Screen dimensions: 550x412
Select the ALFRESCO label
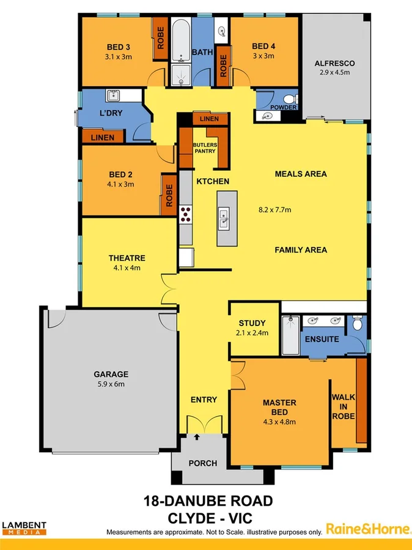click(x=334, y=63)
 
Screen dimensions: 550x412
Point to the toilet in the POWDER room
click(x=291, y=98)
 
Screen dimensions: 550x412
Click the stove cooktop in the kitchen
click(x=186, y=214)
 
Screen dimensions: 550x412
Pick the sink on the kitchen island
click(x=224, y=218)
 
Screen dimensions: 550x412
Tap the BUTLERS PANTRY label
click(x=204, y=148)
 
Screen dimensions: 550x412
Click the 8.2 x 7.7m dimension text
click(x=274, y=210)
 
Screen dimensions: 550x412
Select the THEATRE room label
click(x=127, y=258)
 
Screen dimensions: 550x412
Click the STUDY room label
click(x=252, y=323)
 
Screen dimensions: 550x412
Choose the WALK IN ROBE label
click(x=343, y=406)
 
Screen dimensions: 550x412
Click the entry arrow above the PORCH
click(x=197, y=437)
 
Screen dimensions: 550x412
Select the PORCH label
click(x=202, y=463)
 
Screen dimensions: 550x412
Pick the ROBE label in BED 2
click(x=169, y=195)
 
